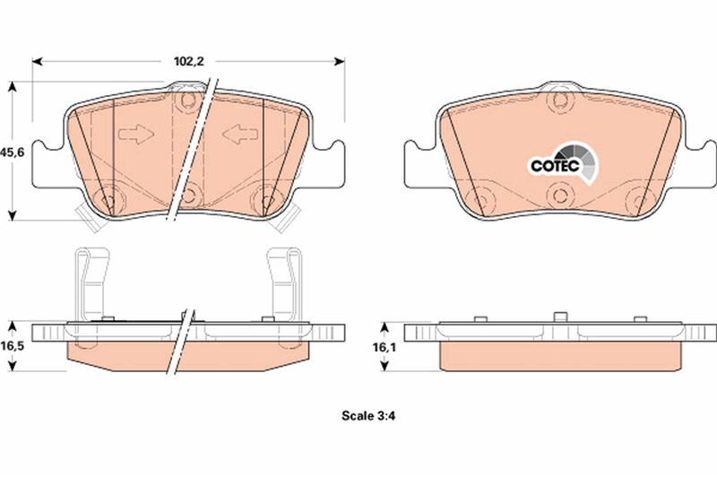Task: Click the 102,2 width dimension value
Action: [189, 61]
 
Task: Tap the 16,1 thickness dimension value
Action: [384, 347]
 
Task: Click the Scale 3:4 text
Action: [368, 416]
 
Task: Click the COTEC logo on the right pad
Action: [564, 165]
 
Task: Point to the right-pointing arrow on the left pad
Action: [136, 135]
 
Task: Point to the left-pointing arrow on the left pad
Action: [240, 135]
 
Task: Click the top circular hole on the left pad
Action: [187, 100]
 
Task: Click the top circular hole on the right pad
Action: [560, 100]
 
